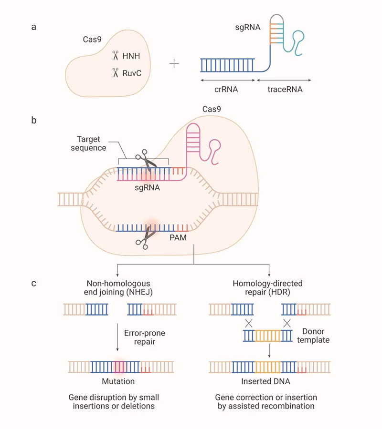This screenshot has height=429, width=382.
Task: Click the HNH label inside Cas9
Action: [x=131, y=56]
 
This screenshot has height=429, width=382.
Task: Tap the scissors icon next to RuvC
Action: [x=115, y=72]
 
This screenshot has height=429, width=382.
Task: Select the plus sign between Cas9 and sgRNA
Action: [x=174, y=64]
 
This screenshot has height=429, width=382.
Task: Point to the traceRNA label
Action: [x=286, y=89]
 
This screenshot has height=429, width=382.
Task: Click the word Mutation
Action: [x=118, y=381]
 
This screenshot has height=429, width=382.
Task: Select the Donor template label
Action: [x=316, y=336]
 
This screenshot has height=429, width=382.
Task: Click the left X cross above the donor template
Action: [x=248, y=323]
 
